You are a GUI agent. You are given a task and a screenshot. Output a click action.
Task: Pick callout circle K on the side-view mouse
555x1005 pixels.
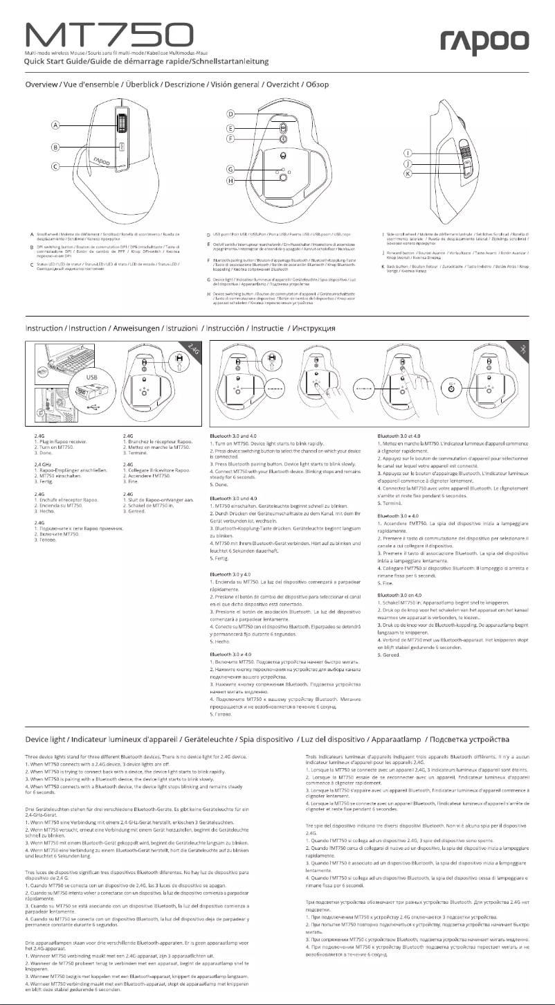click(408, 173)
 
